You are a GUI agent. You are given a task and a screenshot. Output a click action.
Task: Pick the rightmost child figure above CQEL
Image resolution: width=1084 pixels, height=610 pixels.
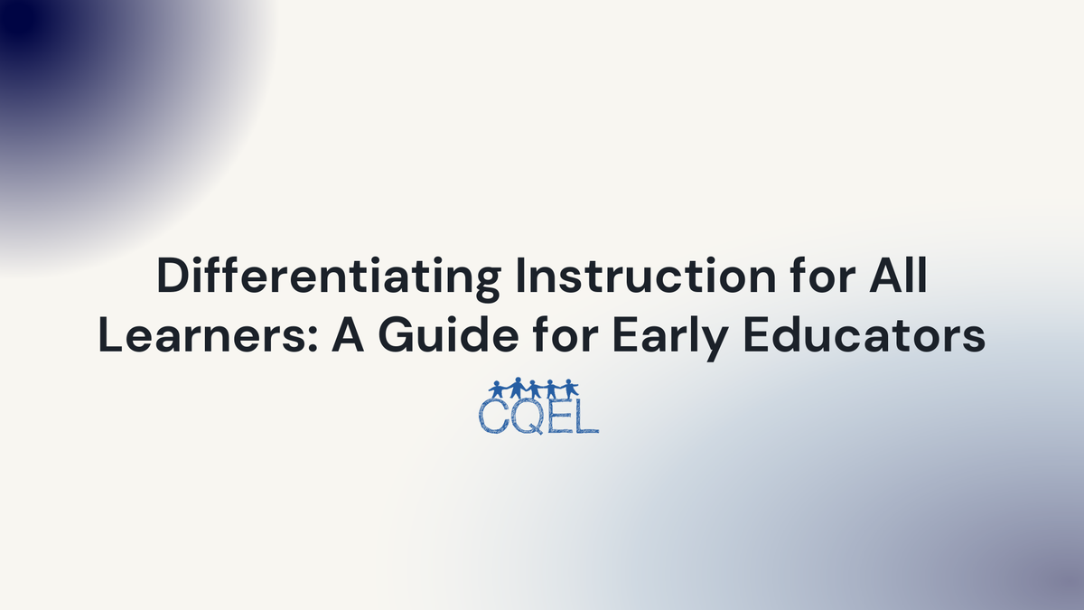570,389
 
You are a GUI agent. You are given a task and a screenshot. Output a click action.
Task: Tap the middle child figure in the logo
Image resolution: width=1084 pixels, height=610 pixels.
534,389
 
